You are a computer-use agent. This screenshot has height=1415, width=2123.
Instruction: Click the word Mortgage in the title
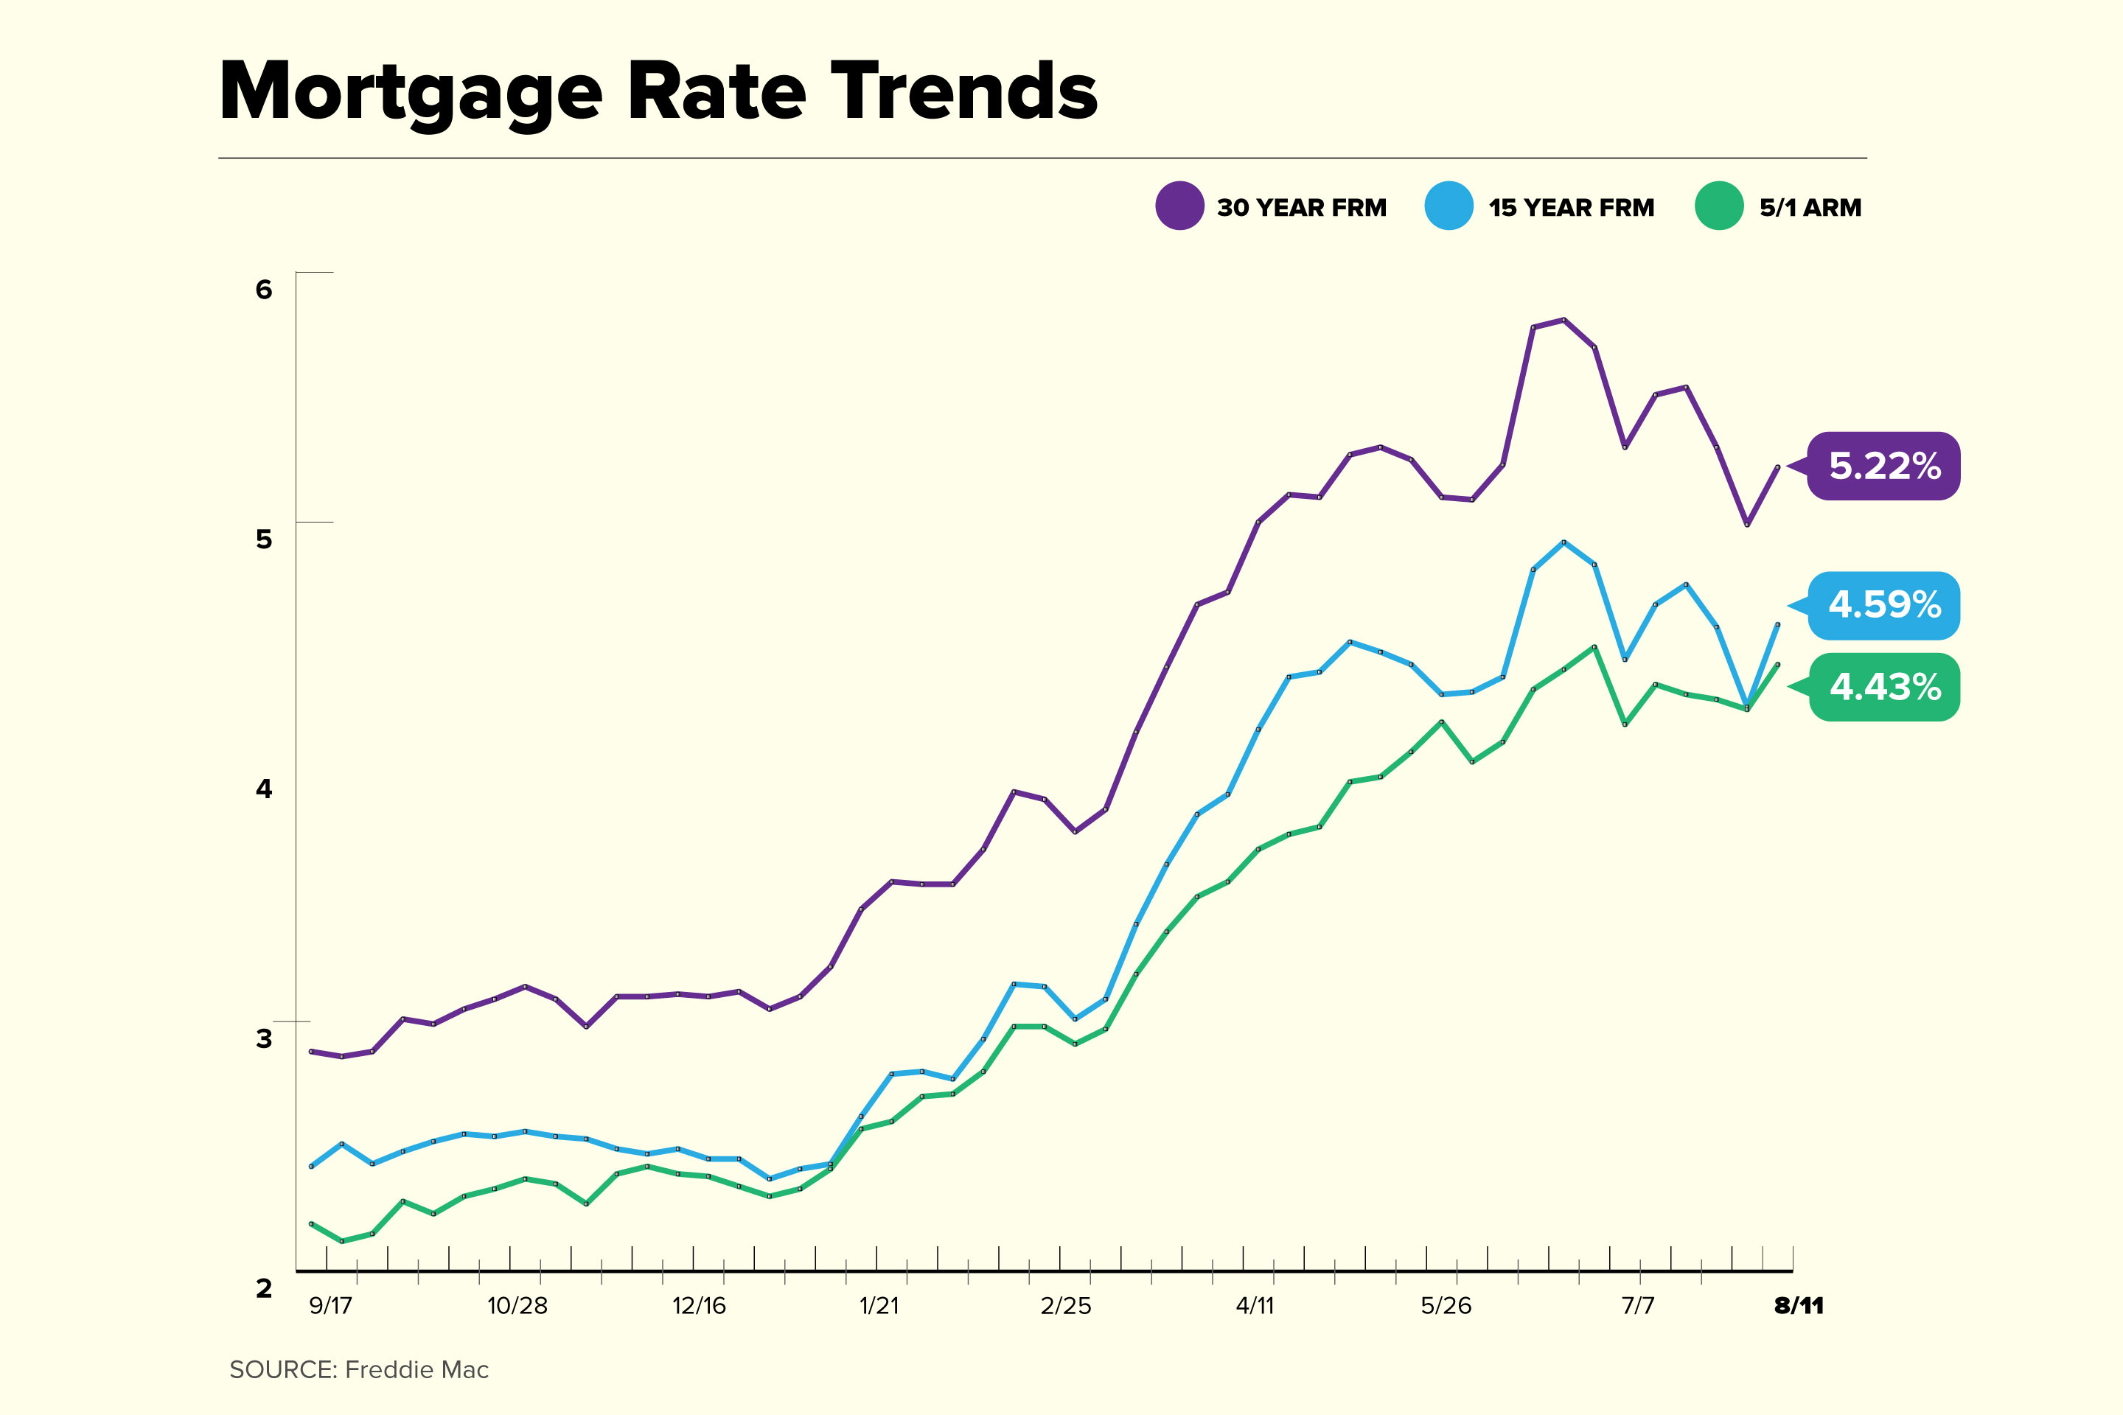pos(411,92)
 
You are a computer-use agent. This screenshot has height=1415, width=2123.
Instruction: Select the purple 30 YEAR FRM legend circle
pos(1179,206)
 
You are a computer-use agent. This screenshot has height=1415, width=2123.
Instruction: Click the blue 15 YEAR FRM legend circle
pos(1449,206)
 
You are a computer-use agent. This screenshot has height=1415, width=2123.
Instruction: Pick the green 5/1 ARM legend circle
pos(1718,206)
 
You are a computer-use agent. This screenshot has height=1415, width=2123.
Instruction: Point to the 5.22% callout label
pos(1884,466)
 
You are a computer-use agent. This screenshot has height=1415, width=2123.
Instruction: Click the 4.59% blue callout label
pos(1884,604)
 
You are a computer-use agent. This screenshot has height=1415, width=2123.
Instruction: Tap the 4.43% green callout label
pos(1884,688)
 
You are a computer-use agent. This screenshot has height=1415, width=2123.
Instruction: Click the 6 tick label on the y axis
pos(264,290)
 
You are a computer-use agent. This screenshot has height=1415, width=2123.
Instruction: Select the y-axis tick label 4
pos(264,789)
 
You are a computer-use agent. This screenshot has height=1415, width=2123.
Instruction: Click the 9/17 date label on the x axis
pos(330,1306)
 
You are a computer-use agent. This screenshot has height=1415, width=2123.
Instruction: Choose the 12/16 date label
pos(699,1306)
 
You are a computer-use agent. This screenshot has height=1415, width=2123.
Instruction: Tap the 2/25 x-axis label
pos(1065,1306)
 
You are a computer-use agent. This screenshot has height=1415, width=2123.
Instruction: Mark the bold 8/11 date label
pos(1798,1306)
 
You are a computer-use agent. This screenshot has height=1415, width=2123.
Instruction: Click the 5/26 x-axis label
pos(1445,1306)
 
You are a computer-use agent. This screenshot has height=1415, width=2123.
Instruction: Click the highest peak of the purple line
pos(1564,319)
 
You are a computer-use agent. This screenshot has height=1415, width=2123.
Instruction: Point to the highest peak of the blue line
pos(1564,542)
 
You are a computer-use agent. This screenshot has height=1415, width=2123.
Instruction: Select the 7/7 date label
pos(1637,1306)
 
